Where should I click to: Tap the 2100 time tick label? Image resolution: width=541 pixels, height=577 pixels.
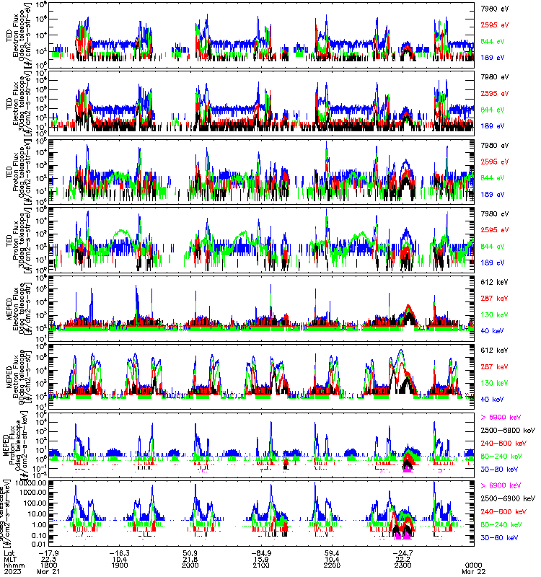(x=262, y=565)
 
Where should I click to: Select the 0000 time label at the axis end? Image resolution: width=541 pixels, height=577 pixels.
(x=473, y=565)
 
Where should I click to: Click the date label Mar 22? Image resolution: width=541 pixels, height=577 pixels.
(x=473, y=571)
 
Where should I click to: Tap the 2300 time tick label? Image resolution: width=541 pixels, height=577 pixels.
(x=403, y=565)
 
